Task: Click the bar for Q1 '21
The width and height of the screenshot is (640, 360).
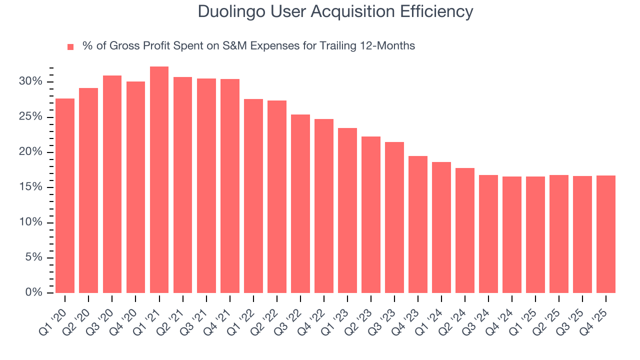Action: point(159,180)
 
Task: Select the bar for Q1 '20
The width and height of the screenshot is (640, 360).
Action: point(65,196)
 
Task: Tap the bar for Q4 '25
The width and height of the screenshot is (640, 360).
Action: point(606,234)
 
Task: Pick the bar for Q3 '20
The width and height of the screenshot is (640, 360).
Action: point(112,184)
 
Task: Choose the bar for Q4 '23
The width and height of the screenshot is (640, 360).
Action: point(418,224)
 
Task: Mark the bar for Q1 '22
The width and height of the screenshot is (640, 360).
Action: point(253,196)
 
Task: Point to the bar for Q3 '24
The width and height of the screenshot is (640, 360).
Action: point(488,234)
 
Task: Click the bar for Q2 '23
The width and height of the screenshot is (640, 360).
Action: point(371,215)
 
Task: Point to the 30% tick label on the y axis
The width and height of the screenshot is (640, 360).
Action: point(31,82)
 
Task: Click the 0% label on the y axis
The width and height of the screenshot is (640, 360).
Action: point(34,293)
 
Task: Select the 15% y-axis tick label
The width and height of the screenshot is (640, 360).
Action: point(31,187)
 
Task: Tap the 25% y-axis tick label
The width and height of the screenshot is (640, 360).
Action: point(31,117)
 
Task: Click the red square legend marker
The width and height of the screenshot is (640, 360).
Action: point(70,46)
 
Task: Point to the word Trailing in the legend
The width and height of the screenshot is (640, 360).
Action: point(331,46)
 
